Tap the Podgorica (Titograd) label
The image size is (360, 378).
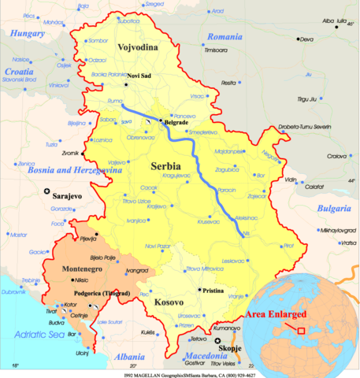[x=112, y=292]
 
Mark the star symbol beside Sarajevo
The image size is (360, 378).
[x=48, y=191]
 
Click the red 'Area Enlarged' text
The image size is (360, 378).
[x=276, y=313]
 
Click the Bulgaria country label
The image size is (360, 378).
[x=335, y=209]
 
